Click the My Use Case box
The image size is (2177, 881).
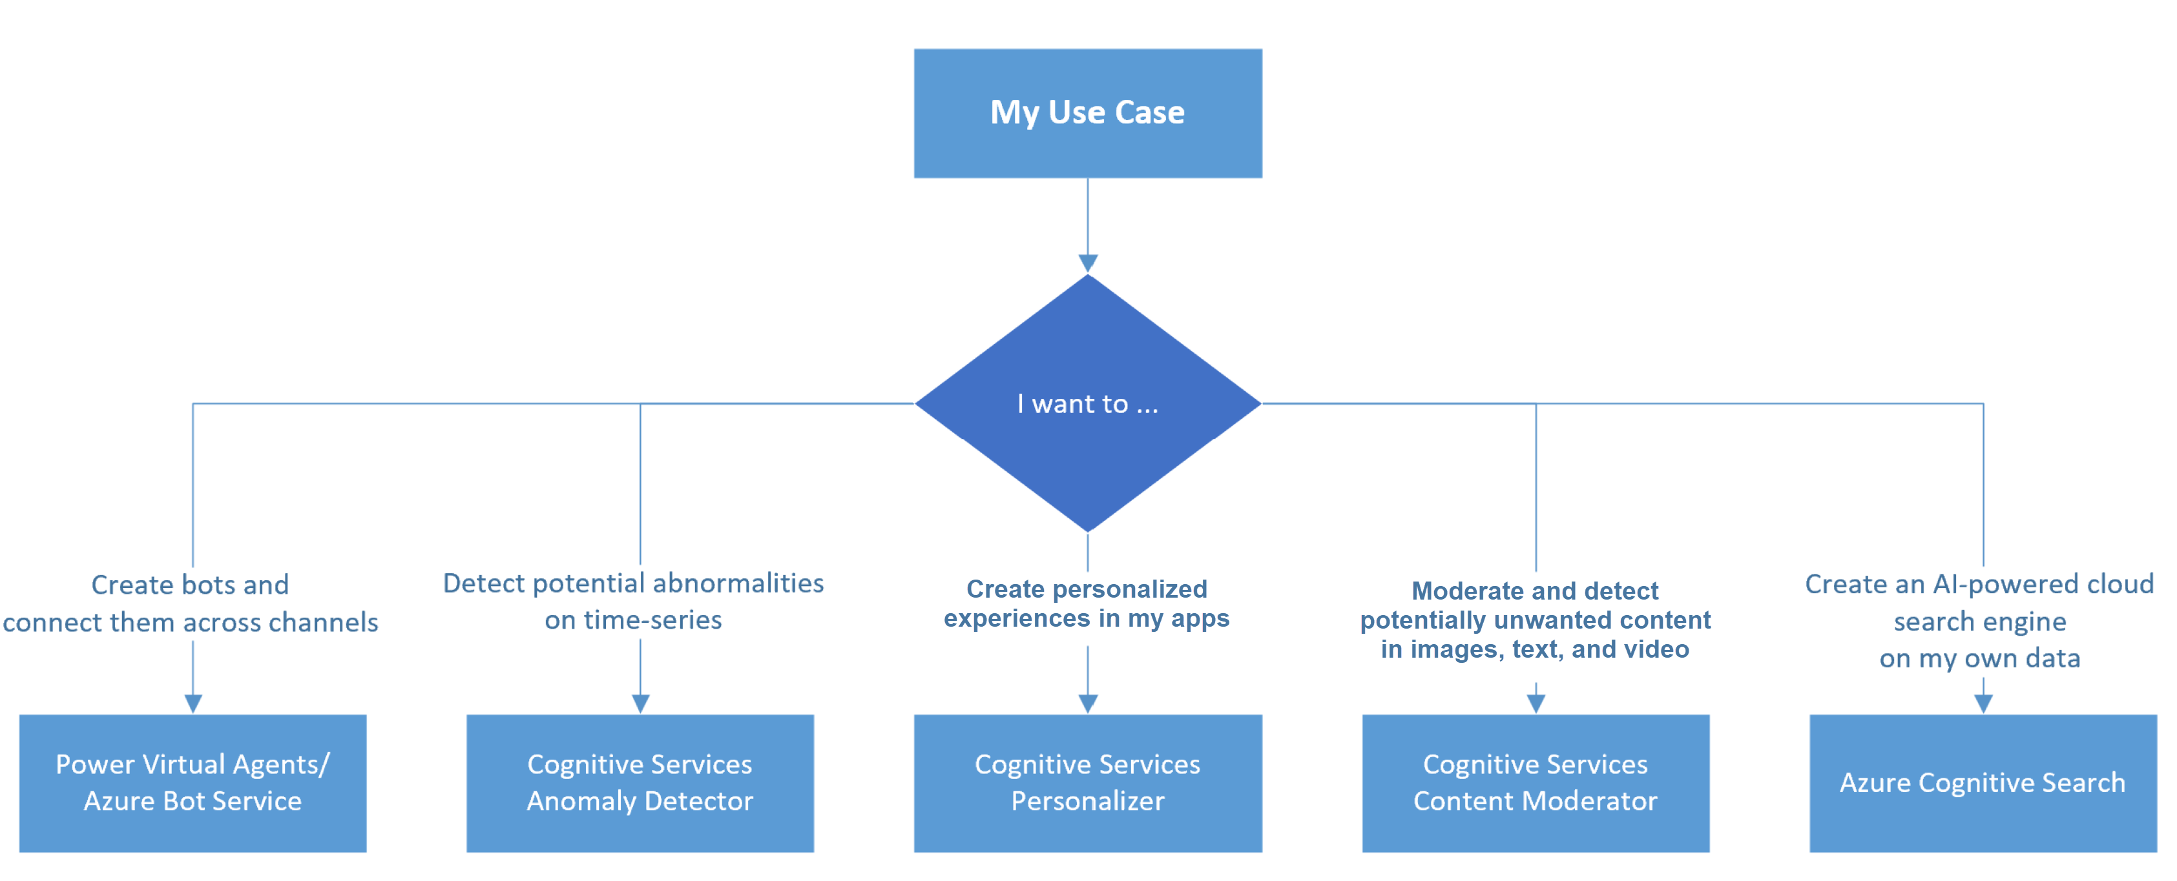coord(1088,113)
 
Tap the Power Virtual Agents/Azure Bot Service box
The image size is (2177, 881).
coord(193,782)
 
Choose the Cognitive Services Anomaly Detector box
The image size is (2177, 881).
coord(640,782)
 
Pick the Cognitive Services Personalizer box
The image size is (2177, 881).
coord(1088,782)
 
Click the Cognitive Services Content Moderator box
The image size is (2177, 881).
coord(1535,782)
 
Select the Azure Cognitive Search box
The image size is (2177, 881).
coord(1983,782)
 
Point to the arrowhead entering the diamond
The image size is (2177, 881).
coord(1088,263)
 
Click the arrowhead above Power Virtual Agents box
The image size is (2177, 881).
coord(193,703)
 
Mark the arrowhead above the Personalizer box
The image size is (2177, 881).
coord(1088,703)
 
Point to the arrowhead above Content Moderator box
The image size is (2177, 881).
coord(1536,703)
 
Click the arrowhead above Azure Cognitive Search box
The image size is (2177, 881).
coord(1983,703)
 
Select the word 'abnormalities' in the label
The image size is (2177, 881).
coord(738,583)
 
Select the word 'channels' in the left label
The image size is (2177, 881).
coord(323,623)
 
